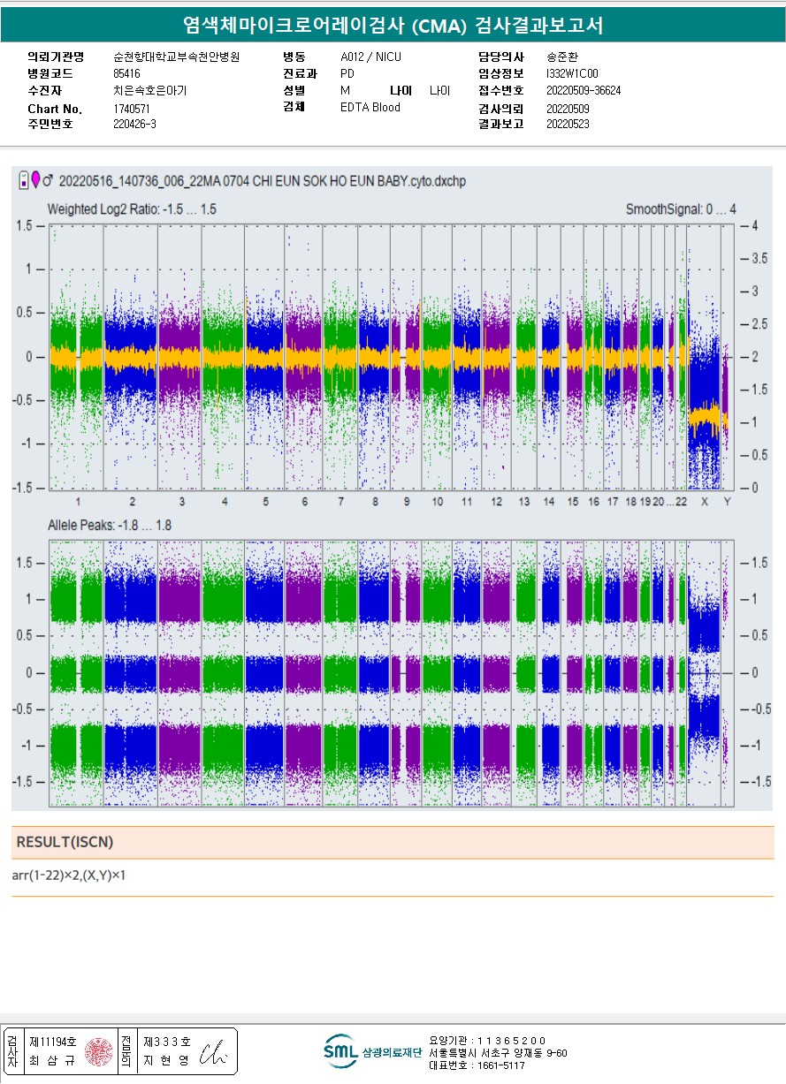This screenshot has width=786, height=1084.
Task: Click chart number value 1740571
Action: (x=132, y=109)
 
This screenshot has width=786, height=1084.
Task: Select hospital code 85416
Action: (x=126, y=73)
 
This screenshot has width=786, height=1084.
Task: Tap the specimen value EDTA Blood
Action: (x=370, y=108)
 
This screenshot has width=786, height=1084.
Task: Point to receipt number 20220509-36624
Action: (x=584, y=91)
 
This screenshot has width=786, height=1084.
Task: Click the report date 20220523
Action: (x=568, y=125)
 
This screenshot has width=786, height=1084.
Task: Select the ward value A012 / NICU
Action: (x=370, y=57)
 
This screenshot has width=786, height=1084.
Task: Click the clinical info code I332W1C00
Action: (x=572, y=73)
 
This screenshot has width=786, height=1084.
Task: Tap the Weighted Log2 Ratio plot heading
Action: (x=132, y=209)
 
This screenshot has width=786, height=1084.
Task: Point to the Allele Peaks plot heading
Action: (x=109, y=526)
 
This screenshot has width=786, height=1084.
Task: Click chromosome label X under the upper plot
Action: (x=705, y=502)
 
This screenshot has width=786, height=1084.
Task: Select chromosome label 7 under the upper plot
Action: (x=340, y=502)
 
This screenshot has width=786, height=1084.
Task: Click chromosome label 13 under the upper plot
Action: (x=524, y=502)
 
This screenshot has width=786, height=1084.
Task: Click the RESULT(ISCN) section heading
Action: (x=65, y=842)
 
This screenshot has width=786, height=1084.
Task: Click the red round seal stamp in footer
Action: (x=97, y=1051)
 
